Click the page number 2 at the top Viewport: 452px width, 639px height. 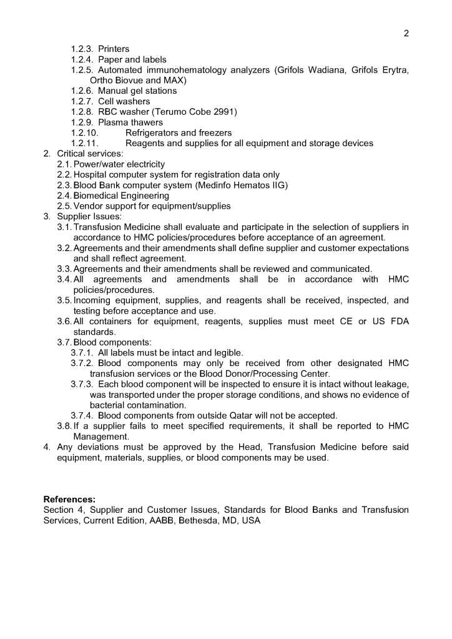coord(406,33)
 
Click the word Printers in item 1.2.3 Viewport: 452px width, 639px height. coord(114,49)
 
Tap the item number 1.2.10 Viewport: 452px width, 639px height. coord(85,133)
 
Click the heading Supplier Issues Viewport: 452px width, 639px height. coord(87,217)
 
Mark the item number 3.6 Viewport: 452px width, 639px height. coord(64,321)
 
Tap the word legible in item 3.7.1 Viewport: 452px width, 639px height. coord(227,353)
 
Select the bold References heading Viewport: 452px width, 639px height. coord(69,499)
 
